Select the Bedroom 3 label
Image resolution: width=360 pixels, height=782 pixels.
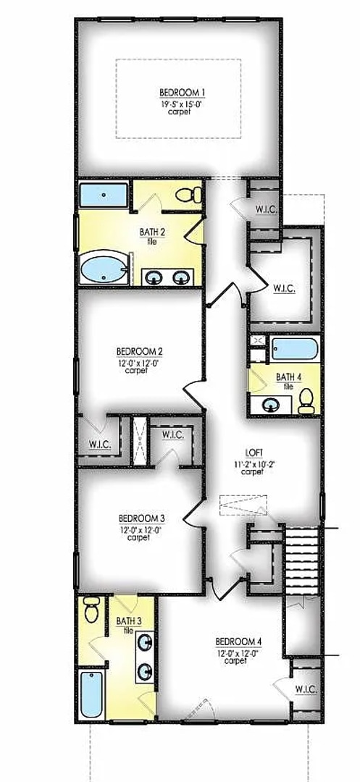coord(142,518)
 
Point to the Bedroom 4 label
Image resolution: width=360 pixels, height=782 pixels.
coord(238,642)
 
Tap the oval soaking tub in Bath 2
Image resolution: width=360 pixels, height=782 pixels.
coord(104,269)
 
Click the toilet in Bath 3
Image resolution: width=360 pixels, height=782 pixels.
coord(91,610)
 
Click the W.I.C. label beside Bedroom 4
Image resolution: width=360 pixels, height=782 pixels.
coord(306,689)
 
